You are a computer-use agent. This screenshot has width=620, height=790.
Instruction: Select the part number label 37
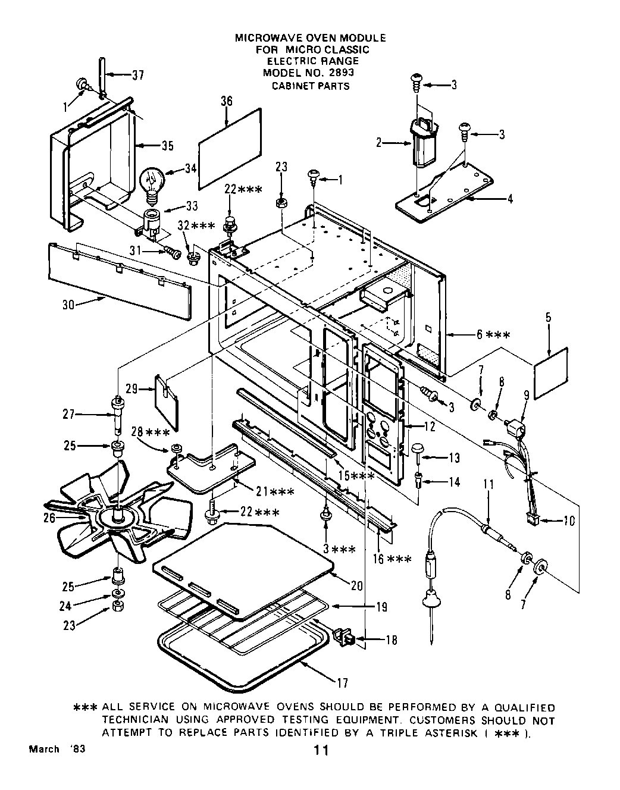click(x=137, y=76)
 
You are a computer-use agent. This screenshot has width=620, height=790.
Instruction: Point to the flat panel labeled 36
click(x=230, y=137)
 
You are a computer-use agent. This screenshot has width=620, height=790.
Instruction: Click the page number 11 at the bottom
click(x=321, y=751)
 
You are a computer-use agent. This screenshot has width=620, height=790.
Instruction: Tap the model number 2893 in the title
click(x=338, y=73)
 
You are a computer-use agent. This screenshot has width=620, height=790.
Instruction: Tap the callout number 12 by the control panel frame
click(x=429, y=427)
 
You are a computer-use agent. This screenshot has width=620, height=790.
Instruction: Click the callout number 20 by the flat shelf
click(x=356, y=585)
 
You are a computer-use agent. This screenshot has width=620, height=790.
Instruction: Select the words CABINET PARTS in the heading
click(x=311, y=86)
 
